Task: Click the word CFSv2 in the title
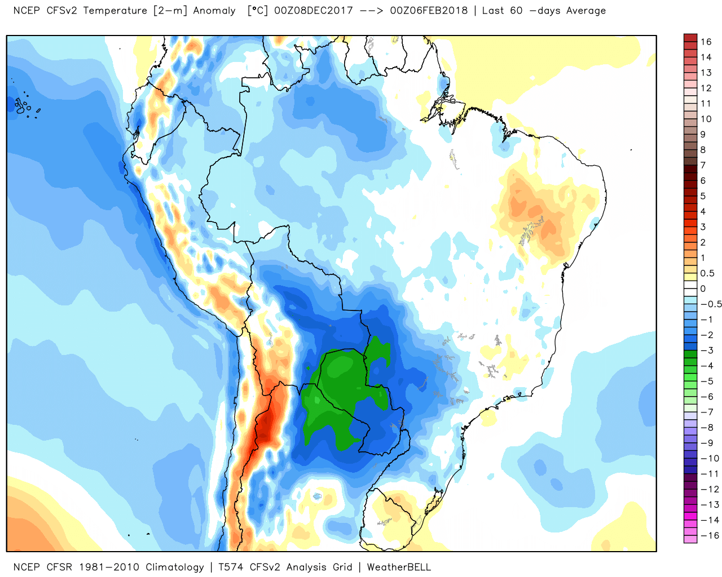click(60, 11)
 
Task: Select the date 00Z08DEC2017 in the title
click(314, 11)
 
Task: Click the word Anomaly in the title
click(214, 11)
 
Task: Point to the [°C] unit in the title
click(258, 11)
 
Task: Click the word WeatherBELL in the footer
click(399, 567)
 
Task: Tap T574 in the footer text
click(231, 567)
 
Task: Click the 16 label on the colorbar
click(706, 42)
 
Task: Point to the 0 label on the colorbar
click(703, 288)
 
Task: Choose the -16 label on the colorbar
click(710, 535)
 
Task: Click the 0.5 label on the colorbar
click(707, 273)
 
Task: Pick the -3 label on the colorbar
click(707, 350)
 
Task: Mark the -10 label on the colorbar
click(710, 458)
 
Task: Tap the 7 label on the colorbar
click(703, 165)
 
